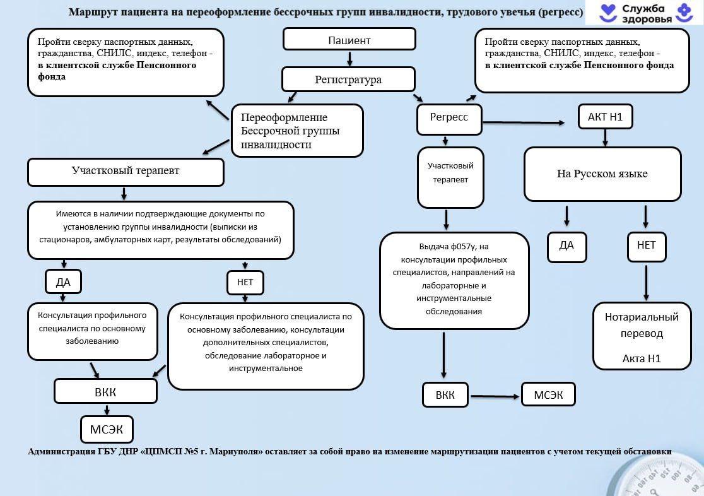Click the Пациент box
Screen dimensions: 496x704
[x=349, y=40]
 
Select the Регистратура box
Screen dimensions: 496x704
[x=348, y=80]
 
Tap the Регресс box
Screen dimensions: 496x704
[x=449, y=119]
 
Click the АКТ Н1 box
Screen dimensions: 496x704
[x=605, y=117]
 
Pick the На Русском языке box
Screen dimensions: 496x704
[x=602, y=174]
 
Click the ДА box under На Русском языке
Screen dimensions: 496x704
[x=566, y=246]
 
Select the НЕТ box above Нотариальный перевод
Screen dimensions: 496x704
[x=646, y=246]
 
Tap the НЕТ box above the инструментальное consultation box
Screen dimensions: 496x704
[x=245, y=283]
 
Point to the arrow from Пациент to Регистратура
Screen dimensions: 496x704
[x=349, y=59]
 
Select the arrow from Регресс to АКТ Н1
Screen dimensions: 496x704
[x=524, y=122]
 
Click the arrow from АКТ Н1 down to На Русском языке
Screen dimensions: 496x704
[x=605, y=138]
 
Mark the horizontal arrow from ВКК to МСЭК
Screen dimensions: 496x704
[x=495, y=396]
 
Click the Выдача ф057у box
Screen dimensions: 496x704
[x=454, y=281]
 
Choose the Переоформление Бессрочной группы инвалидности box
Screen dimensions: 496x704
[x=297, y=131]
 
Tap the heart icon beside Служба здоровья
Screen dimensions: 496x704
[x=607, y=12]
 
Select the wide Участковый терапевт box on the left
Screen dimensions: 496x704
[x=126, y=172]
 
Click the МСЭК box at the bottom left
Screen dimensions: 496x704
[x=107, y=429]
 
